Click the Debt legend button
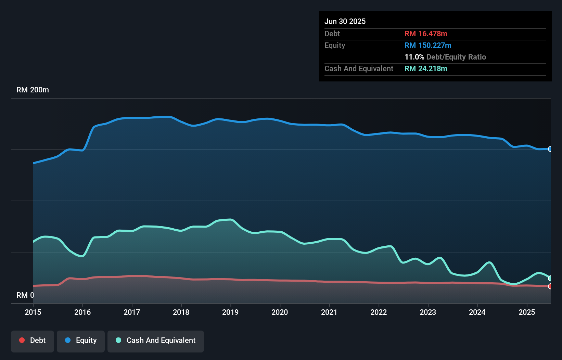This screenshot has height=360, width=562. (33, 340)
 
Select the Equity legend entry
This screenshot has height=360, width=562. (81, 340)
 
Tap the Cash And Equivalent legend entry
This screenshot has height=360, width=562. (156, 340)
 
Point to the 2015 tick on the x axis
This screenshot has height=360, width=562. (33, 312)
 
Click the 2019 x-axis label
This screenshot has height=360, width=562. (230, 312)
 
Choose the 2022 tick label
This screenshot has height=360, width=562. (379, 312)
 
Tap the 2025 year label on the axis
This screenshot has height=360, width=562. (527, 312)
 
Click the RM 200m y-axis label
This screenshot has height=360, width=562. (33, 90)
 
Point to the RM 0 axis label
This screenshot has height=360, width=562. (25, 295)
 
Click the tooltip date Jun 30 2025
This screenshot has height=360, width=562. (345, 21)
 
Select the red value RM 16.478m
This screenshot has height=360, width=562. (426, 34)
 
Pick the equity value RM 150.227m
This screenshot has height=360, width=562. (428, 45)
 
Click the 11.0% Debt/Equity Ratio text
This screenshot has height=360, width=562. (445, 57)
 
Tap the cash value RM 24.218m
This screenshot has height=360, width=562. (426, 68)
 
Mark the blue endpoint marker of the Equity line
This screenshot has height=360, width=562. (550, 149)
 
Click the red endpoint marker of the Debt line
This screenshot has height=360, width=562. (550, 286)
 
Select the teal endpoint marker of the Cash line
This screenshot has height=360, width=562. (550, 278)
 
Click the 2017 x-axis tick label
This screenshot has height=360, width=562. (132, 312)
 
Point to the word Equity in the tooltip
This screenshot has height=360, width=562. (335, 45)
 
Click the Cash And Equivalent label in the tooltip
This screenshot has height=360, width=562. (359, 68)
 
